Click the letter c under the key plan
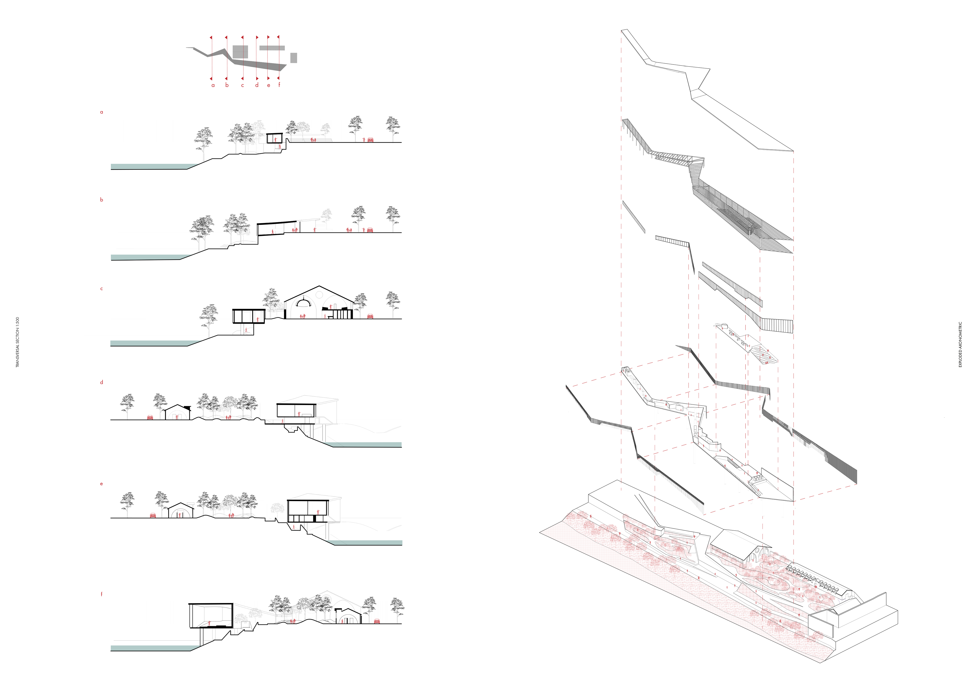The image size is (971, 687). click(242, 85)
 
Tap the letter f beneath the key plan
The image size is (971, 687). click(279, 85)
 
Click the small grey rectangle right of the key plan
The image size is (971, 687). click(294, 58)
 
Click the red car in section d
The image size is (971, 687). click(150, 417)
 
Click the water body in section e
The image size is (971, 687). click(366, 543)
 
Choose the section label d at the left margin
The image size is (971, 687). click(101, 382)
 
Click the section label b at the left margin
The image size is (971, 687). click(101, 199)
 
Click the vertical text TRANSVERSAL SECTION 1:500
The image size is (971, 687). click(17, 342)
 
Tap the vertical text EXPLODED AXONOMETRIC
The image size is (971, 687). click(960, 345)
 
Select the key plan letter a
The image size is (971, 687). click(213, 85)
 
